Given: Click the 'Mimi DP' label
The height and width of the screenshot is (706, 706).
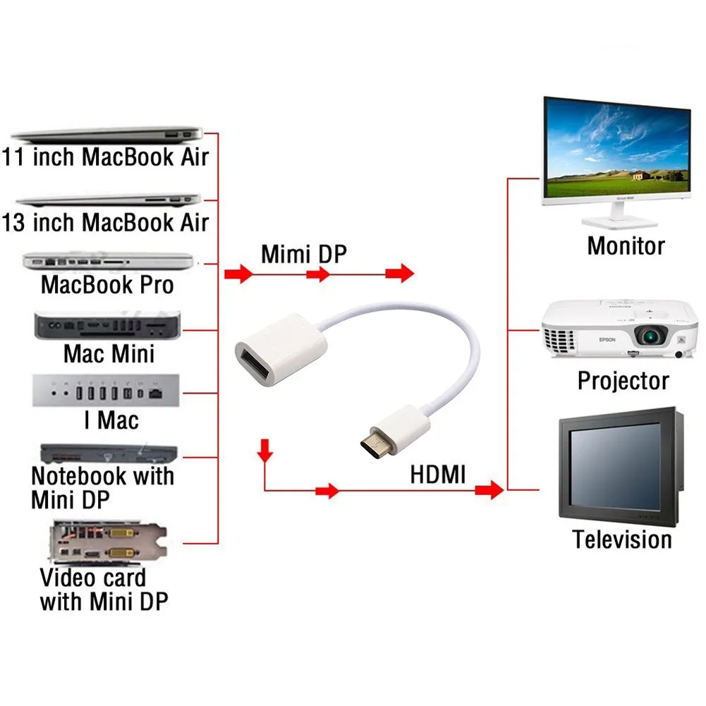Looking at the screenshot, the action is click(x=304, y=254).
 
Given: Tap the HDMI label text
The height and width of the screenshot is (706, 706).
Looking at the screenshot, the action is click(x=438, y=475).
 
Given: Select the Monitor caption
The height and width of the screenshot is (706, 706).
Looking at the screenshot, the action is click(x=626, y=246).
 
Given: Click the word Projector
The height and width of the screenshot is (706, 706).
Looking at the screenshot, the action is click(x=623, y=381).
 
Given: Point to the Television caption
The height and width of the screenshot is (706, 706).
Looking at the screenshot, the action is click(x=622, y=539).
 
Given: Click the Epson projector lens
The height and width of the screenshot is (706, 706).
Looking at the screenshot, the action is click(x=650, y=335).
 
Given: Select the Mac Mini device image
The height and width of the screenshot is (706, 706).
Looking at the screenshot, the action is click(x=107, y=325).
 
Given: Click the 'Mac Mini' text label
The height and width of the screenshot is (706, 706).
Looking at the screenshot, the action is click(x=109, y=354).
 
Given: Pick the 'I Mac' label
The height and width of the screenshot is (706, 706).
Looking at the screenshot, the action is click(x=111, y=420).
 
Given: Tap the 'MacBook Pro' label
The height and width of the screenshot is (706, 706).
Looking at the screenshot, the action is click(x=107, y=284).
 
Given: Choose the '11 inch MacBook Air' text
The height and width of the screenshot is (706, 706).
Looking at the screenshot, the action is click(x=105, y=157).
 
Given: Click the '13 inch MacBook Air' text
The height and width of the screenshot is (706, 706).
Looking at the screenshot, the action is click(x=105, y=222).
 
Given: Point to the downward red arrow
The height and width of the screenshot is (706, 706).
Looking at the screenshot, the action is click(x=264, y=450).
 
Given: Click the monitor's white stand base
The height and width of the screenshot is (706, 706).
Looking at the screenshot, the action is click(x=619, y=222).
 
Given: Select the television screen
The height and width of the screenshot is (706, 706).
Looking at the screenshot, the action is click(x=614, y=469).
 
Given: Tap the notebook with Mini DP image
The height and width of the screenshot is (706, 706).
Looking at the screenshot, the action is click(x=109, y=454).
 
